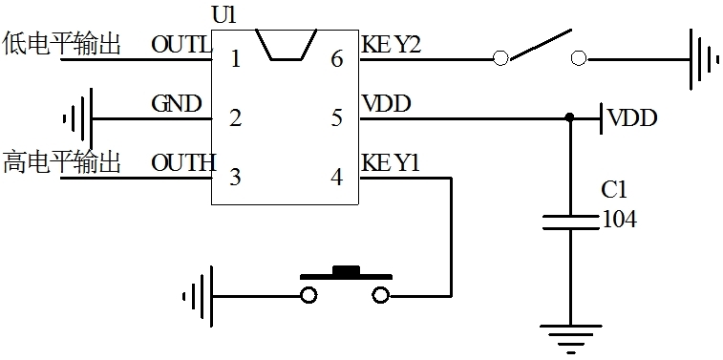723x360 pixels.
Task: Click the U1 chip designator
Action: point(221,15)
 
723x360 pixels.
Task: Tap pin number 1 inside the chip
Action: point(234,59)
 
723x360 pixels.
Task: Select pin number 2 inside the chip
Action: point(234,118)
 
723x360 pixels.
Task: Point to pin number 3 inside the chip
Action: point(234,177)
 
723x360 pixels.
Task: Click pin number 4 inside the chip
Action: point(336,177)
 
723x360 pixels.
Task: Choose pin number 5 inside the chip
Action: point(336,118)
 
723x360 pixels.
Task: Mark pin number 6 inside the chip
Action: point(336,59)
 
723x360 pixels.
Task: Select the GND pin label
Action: point(176,103)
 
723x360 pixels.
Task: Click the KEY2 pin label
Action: point(391,44)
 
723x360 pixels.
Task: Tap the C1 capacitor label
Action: point(614,190)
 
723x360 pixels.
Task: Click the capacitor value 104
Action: point(619,220)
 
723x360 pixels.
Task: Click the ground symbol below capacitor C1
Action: point(570,338)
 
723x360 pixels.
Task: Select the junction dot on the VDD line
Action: point(570,118)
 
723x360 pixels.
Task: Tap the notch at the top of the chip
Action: point(286,45)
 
